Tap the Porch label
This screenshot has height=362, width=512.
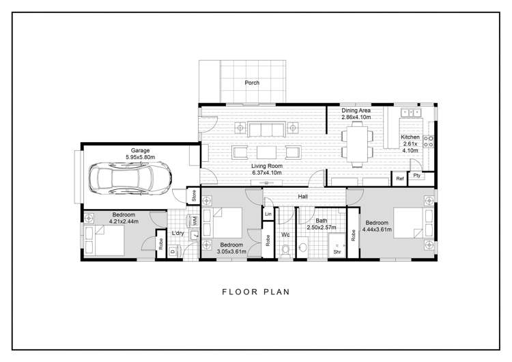(252, 83)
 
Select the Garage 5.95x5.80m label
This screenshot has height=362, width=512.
(140, 154)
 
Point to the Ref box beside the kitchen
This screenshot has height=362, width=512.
(401, 179)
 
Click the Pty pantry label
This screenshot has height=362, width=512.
(416, 176)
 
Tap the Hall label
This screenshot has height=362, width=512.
(302, 197)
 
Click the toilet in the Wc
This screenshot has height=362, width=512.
(286, 251)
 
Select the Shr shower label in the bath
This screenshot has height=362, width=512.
(337, 251)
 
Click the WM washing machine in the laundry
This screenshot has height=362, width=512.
(195, 221)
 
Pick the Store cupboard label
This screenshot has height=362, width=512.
(194, 196)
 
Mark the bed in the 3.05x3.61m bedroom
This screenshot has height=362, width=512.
(228, 223)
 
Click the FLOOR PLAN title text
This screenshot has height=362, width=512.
(256, 292)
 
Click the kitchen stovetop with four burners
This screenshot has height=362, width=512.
(429, 141)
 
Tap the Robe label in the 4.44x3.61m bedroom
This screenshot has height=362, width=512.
(353, 236)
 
